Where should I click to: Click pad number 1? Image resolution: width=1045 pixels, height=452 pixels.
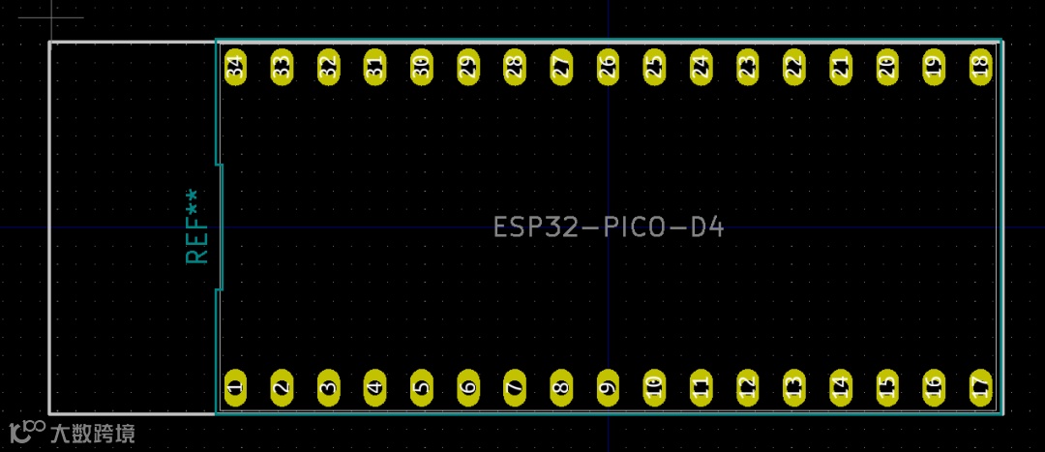click(235, 387)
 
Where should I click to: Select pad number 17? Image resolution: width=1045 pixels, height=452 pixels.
click(980, 387)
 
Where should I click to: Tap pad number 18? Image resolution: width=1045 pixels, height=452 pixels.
click(980, 68)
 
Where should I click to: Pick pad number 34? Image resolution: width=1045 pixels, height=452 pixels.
click(235, 68)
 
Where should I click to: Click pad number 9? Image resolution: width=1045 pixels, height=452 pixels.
click(608, 387)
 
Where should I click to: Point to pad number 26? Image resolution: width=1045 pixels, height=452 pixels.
click(608, 68)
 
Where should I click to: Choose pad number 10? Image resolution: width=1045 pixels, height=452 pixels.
click(654, 387)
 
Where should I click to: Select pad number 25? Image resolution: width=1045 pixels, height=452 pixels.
click(654, 68)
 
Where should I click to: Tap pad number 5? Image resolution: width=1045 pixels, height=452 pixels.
click(421, 387)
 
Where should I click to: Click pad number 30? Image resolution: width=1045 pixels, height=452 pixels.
click(421, 68)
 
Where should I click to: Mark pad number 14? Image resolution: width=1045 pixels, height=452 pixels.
click(841, 387)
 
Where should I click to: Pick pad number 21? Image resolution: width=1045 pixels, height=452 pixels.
click(841, 68)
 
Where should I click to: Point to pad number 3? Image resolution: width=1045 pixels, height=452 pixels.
click(328, 387)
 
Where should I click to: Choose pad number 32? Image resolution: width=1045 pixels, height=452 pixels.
click(328, 68)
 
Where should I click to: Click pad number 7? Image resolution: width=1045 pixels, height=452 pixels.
click(515, 387)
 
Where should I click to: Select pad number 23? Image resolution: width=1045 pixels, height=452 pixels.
click(747, 68)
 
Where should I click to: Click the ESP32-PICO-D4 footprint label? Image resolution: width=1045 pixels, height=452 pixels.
click(609, 227)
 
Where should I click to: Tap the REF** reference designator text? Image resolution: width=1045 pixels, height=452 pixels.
click(197, 226)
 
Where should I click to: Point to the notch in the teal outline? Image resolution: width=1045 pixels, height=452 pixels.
click(221, 227)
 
